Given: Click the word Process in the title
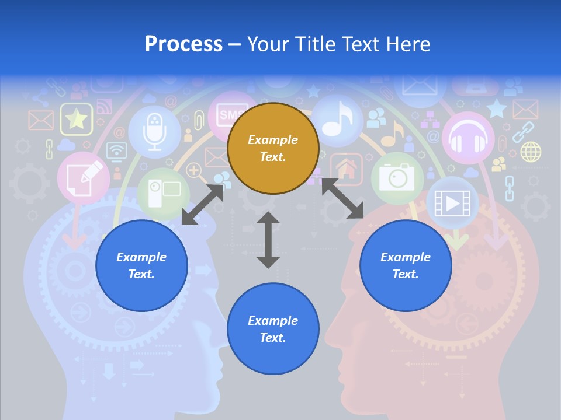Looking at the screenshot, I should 183,44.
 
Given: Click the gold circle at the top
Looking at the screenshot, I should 273,148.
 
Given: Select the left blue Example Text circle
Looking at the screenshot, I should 141,265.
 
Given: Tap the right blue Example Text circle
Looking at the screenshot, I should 406,265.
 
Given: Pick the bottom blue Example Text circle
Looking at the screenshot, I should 273,329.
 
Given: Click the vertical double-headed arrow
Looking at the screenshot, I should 268,240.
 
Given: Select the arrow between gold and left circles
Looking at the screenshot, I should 202,205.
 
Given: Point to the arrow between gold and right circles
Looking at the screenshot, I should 342,199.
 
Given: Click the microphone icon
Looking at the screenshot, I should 154,131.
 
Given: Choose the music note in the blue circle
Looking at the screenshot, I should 337,120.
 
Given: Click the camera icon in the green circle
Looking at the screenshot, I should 397,177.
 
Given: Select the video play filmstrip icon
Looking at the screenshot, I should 452,203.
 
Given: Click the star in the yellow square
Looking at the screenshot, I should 76,120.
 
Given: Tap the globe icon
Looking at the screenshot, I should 531,152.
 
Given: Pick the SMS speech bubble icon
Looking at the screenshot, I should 230,114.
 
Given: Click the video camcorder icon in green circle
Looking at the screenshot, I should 163,193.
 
